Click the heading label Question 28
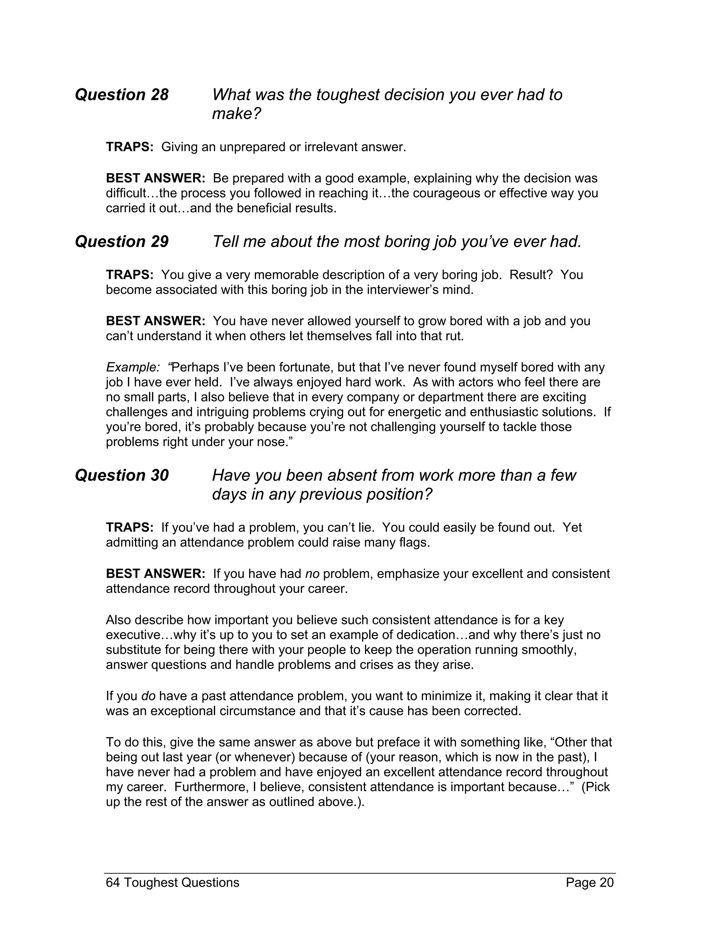point(122,95)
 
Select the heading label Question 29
point(122,242)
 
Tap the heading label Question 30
point(122,475)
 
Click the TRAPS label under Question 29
point(129,274)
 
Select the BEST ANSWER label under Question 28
point(155,178)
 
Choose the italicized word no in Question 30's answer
point(312,574)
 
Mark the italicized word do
point(148,696)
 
